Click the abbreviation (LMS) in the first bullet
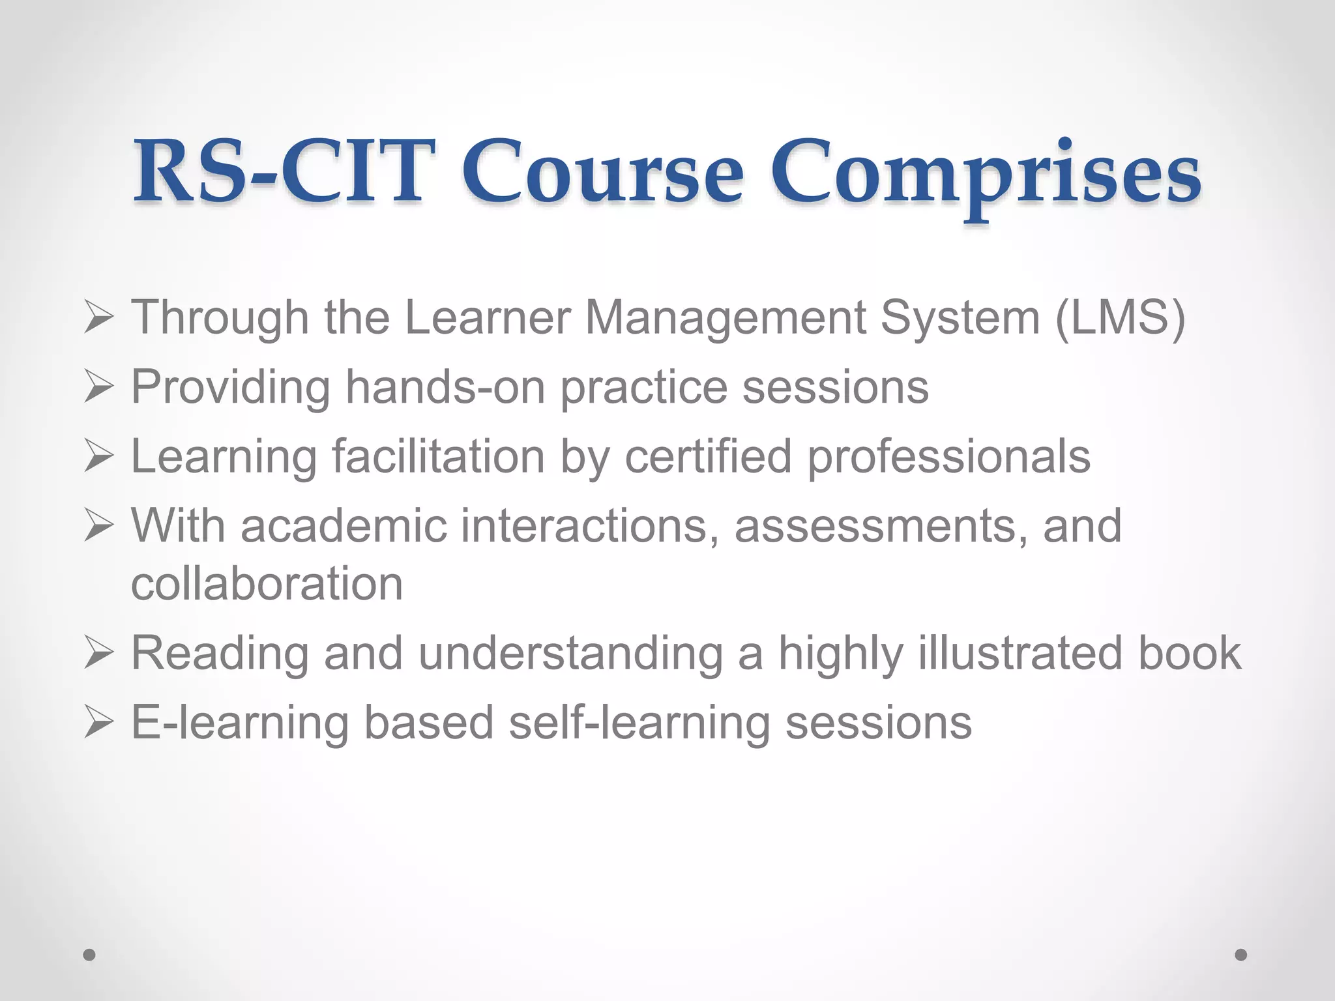tap(1120, 318)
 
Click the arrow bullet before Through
tap(99, 319)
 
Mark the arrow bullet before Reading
tap(99, 654)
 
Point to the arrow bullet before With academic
tap(99, 526)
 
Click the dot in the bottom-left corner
tap(89, 955)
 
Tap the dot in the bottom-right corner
tap(1240, 955)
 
